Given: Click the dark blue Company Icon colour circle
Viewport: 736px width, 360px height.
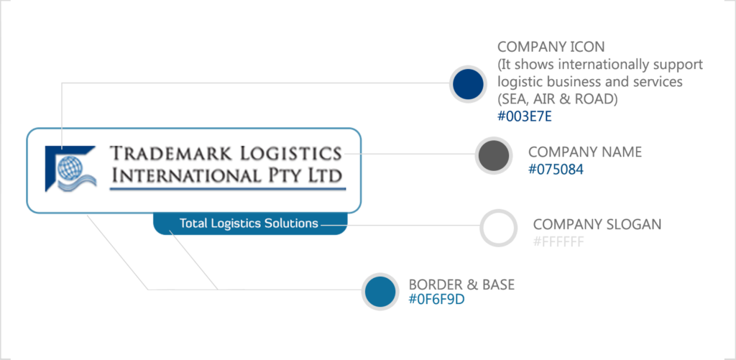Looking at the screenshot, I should pyautogui.click(x=468, y=83).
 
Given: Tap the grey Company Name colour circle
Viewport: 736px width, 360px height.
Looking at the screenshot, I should pyautogui.click(x=493, y=156).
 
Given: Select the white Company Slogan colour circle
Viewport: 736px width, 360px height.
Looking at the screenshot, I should pyautogui.click(x=499, y=228).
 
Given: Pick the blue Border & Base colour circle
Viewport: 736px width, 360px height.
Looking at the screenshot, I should pyautogui.click(x=380, y=291).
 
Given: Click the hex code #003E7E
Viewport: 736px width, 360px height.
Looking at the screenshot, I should pyautogui.click(x=525, y=116).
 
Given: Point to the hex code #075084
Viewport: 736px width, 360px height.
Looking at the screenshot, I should pyautogui.click(x=556, y=170).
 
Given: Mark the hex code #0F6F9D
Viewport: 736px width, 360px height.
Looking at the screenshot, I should pyautogui.click(x=436, y=300).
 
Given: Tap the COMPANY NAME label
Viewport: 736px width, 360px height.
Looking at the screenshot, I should pyautogui.click(x=585, y=152).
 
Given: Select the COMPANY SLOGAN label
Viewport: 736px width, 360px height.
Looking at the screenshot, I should pyautogui.click(x=597, y=224).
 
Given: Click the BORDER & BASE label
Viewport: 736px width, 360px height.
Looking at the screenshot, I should pyautogui.click(x=461, y=285).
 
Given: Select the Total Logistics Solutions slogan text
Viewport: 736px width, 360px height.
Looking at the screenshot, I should pyautogui.click(x=249, y=223).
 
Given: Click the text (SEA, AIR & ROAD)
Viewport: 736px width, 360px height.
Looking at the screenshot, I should pyautogui.click(x=557, y=99).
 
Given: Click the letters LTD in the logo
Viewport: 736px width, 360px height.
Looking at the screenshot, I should pyautogui.click(x=325, y=175).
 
